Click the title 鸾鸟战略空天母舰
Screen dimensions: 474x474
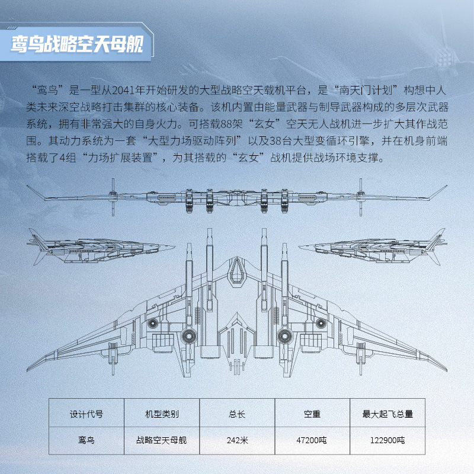point(77,44)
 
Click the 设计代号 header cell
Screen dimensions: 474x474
point(87,413)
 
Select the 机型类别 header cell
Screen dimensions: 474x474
point(162,413)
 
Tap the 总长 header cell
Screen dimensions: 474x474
point(237,413)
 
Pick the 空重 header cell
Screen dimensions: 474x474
point(312,413)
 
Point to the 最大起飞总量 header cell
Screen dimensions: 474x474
point(387,413)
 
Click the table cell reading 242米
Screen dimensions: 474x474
point(237,440)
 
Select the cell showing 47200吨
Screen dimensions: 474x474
point(312,440)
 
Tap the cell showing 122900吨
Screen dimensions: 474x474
point(387,440)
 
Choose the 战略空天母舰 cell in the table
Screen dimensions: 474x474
point(162,440)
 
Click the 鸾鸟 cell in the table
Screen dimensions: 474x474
point(87,440)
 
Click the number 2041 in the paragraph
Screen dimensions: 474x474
point(124,90)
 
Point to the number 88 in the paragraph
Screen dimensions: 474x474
point(227,124)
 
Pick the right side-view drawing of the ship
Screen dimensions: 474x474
point(373,247)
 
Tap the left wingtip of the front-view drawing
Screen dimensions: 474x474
point(27,186)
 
